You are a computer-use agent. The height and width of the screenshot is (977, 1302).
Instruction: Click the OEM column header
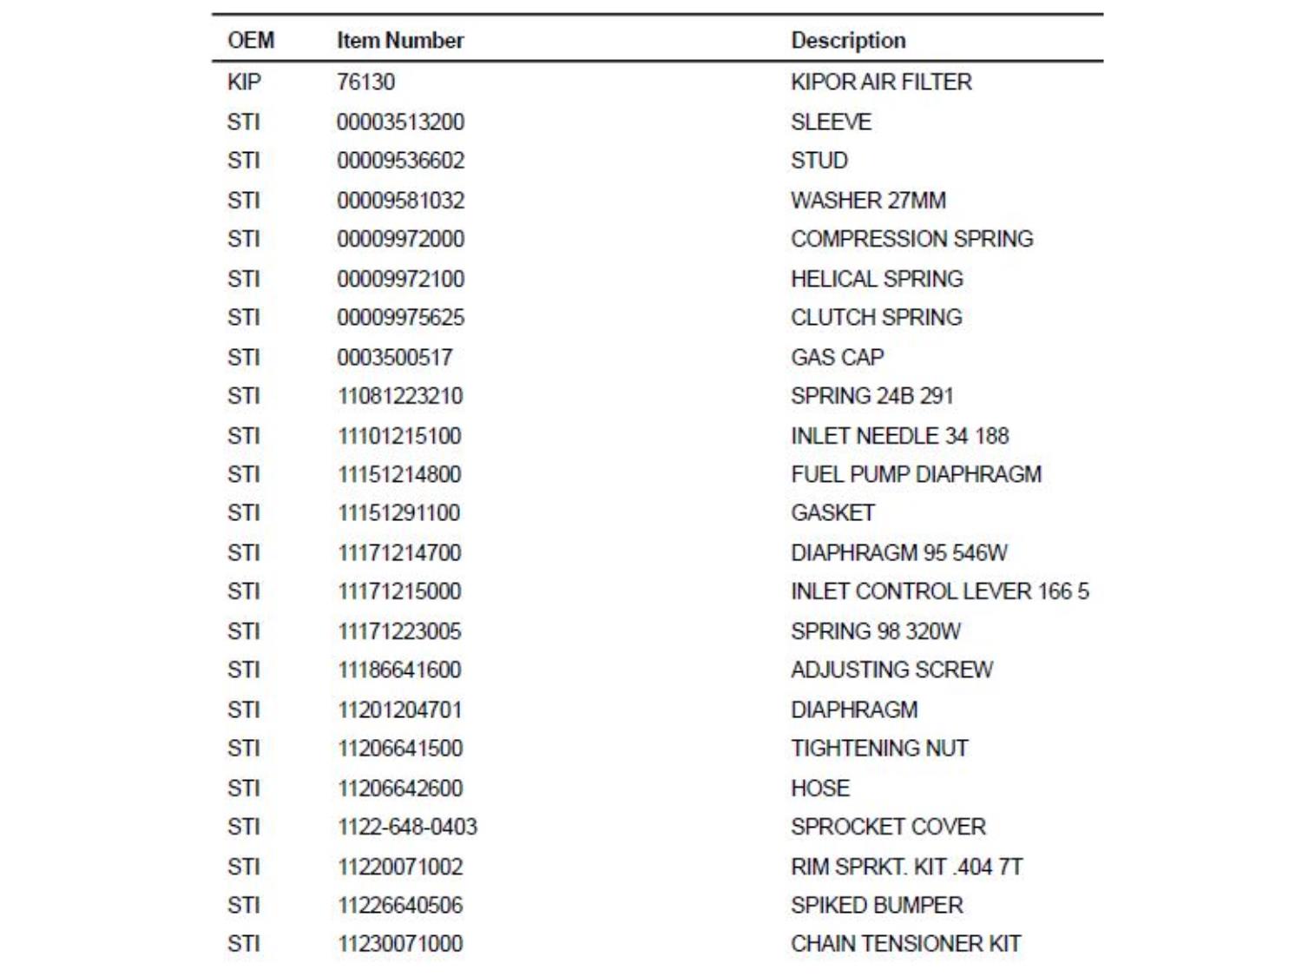[x=251, y=40]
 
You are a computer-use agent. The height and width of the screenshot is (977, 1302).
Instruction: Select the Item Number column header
[x=400, y=40]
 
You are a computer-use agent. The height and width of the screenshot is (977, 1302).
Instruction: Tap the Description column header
[x=848, y=40]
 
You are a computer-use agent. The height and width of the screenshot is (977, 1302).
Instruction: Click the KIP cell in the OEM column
[x=244, y=82]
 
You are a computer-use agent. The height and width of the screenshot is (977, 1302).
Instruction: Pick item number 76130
[x=365, y=82]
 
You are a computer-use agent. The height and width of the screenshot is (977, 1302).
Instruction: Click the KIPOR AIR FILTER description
[x=881, y=82]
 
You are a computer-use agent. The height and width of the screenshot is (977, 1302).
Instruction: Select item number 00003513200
[x=400, y=122]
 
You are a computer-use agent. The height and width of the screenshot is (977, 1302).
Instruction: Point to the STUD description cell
[x=819, y=161]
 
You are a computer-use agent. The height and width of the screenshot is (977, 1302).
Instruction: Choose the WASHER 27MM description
[x=868, y=201]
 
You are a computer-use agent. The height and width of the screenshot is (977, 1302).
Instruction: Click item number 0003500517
[x=395, y=357]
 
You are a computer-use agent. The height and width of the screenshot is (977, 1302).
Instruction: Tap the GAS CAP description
[x=837, y=357]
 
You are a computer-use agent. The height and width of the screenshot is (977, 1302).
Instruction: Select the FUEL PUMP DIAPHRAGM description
[x=916, y=474]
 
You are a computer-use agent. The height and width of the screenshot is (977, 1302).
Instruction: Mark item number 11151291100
[x=398, y=512]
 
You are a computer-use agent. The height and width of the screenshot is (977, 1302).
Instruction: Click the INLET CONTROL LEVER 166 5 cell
[x=939, y=591]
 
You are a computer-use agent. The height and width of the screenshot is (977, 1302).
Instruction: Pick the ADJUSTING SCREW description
[x=891, y=670]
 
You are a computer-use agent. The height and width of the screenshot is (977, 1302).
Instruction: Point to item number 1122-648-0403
[x=407, y=827]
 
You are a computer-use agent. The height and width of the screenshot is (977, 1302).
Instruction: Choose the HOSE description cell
[x=820, y=788]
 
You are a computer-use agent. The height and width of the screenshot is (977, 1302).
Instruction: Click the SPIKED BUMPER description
[x=877, y=905]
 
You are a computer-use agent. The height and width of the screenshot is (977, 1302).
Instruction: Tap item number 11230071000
[x=400, y=943]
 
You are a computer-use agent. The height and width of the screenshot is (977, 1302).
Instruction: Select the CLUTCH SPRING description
[x=876, y=317]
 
